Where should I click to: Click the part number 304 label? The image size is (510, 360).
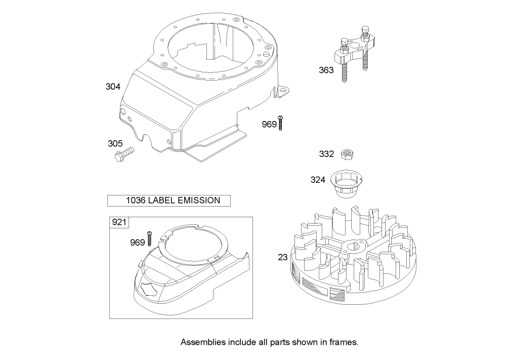pyautogui.click(x=113, y=87)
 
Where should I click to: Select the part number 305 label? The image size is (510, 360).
pyautogui.click(x=115, y=144)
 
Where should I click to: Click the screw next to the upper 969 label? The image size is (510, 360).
pyautogui.click(x=280, y=122)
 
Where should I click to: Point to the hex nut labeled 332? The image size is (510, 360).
pyautogui.click(x=347, y=153)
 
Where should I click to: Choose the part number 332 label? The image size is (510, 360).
pyautogui.click(x=326, y=153)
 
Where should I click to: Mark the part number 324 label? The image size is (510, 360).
pyautogui.click(x=318, y=179)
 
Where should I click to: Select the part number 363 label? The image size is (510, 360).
pyautogui.click(x=326, y=70)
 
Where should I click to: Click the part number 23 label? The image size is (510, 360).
pyautogui.click(x=282, y=257)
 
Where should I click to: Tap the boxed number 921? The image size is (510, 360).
pyautogui.click(x=119, y=222)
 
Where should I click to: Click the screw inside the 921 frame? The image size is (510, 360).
pyautogui.click(x=150, y=238)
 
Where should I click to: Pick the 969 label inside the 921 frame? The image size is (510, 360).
pyautogui.click(x=137, y=243)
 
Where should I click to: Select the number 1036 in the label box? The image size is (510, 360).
pyautogui.click(x=136, y=201)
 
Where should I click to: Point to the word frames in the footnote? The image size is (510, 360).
pyautogui.click(x=344, y=342)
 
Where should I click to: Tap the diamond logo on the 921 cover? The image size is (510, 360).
pyautogui.click(x=149, y=290)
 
